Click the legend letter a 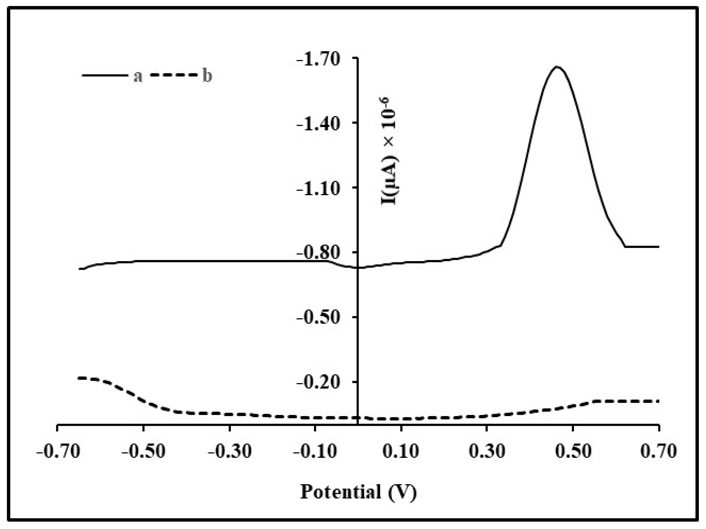point(138,76)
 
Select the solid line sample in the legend point(104,76)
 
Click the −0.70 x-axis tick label point(58,452)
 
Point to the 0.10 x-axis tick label point(401,452)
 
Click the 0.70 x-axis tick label point(659,452)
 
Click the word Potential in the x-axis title point(341,492)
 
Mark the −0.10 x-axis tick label point(315,452)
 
